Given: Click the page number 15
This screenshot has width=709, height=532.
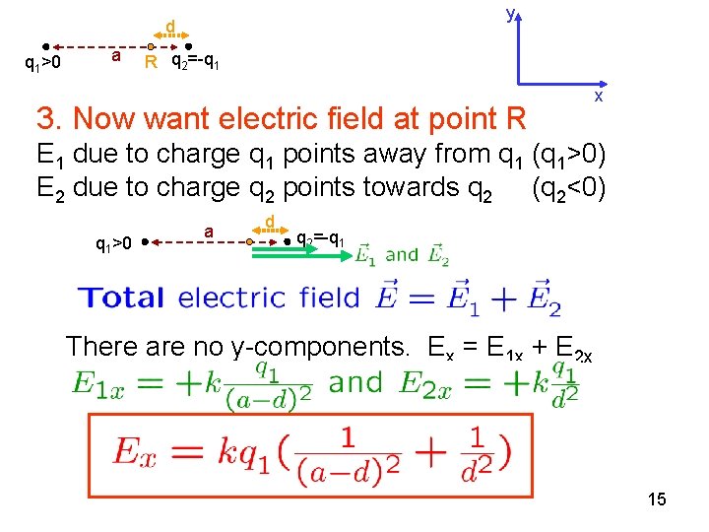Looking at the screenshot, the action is [x=657, y=499].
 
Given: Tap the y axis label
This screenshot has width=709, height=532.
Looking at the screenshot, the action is [x=510, y=13].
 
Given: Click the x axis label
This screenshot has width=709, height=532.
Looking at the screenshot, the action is [x=597, y=98].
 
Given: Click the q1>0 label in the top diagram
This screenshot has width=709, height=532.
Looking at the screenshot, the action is [x=42, y=64].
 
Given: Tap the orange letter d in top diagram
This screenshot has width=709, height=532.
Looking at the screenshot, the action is [x=169, y=25].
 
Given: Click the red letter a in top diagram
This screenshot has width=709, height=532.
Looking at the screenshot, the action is [x=116, y=56].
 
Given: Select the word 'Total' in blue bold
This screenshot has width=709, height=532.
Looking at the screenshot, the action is [x=123, y=297].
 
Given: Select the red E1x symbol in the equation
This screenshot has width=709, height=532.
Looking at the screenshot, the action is [x=100, y=383].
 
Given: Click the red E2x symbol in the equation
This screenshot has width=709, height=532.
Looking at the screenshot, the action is [x=427, y=383].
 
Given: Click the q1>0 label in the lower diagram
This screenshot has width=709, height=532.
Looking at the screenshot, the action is [x=113, y=242].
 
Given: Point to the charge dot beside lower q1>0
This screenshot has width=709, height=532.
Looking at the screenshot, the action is [x=145, y=240].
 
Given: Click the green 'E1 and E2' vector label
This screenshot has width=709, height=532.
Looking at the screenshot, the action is [x=402, y=254].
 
